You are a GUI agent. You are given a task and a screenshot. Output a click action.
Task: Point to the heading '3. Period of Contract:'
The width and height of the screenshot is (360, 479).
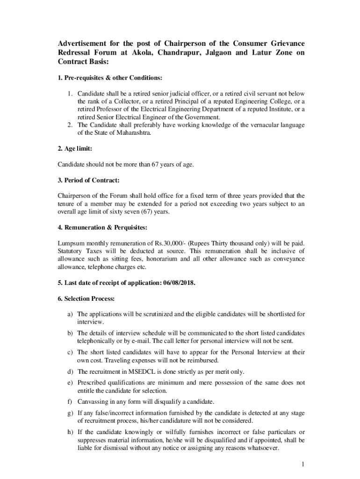89,180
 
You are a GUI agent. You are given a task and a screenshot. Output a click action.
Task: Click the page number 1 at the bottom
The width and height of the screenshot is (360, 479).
303,464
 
